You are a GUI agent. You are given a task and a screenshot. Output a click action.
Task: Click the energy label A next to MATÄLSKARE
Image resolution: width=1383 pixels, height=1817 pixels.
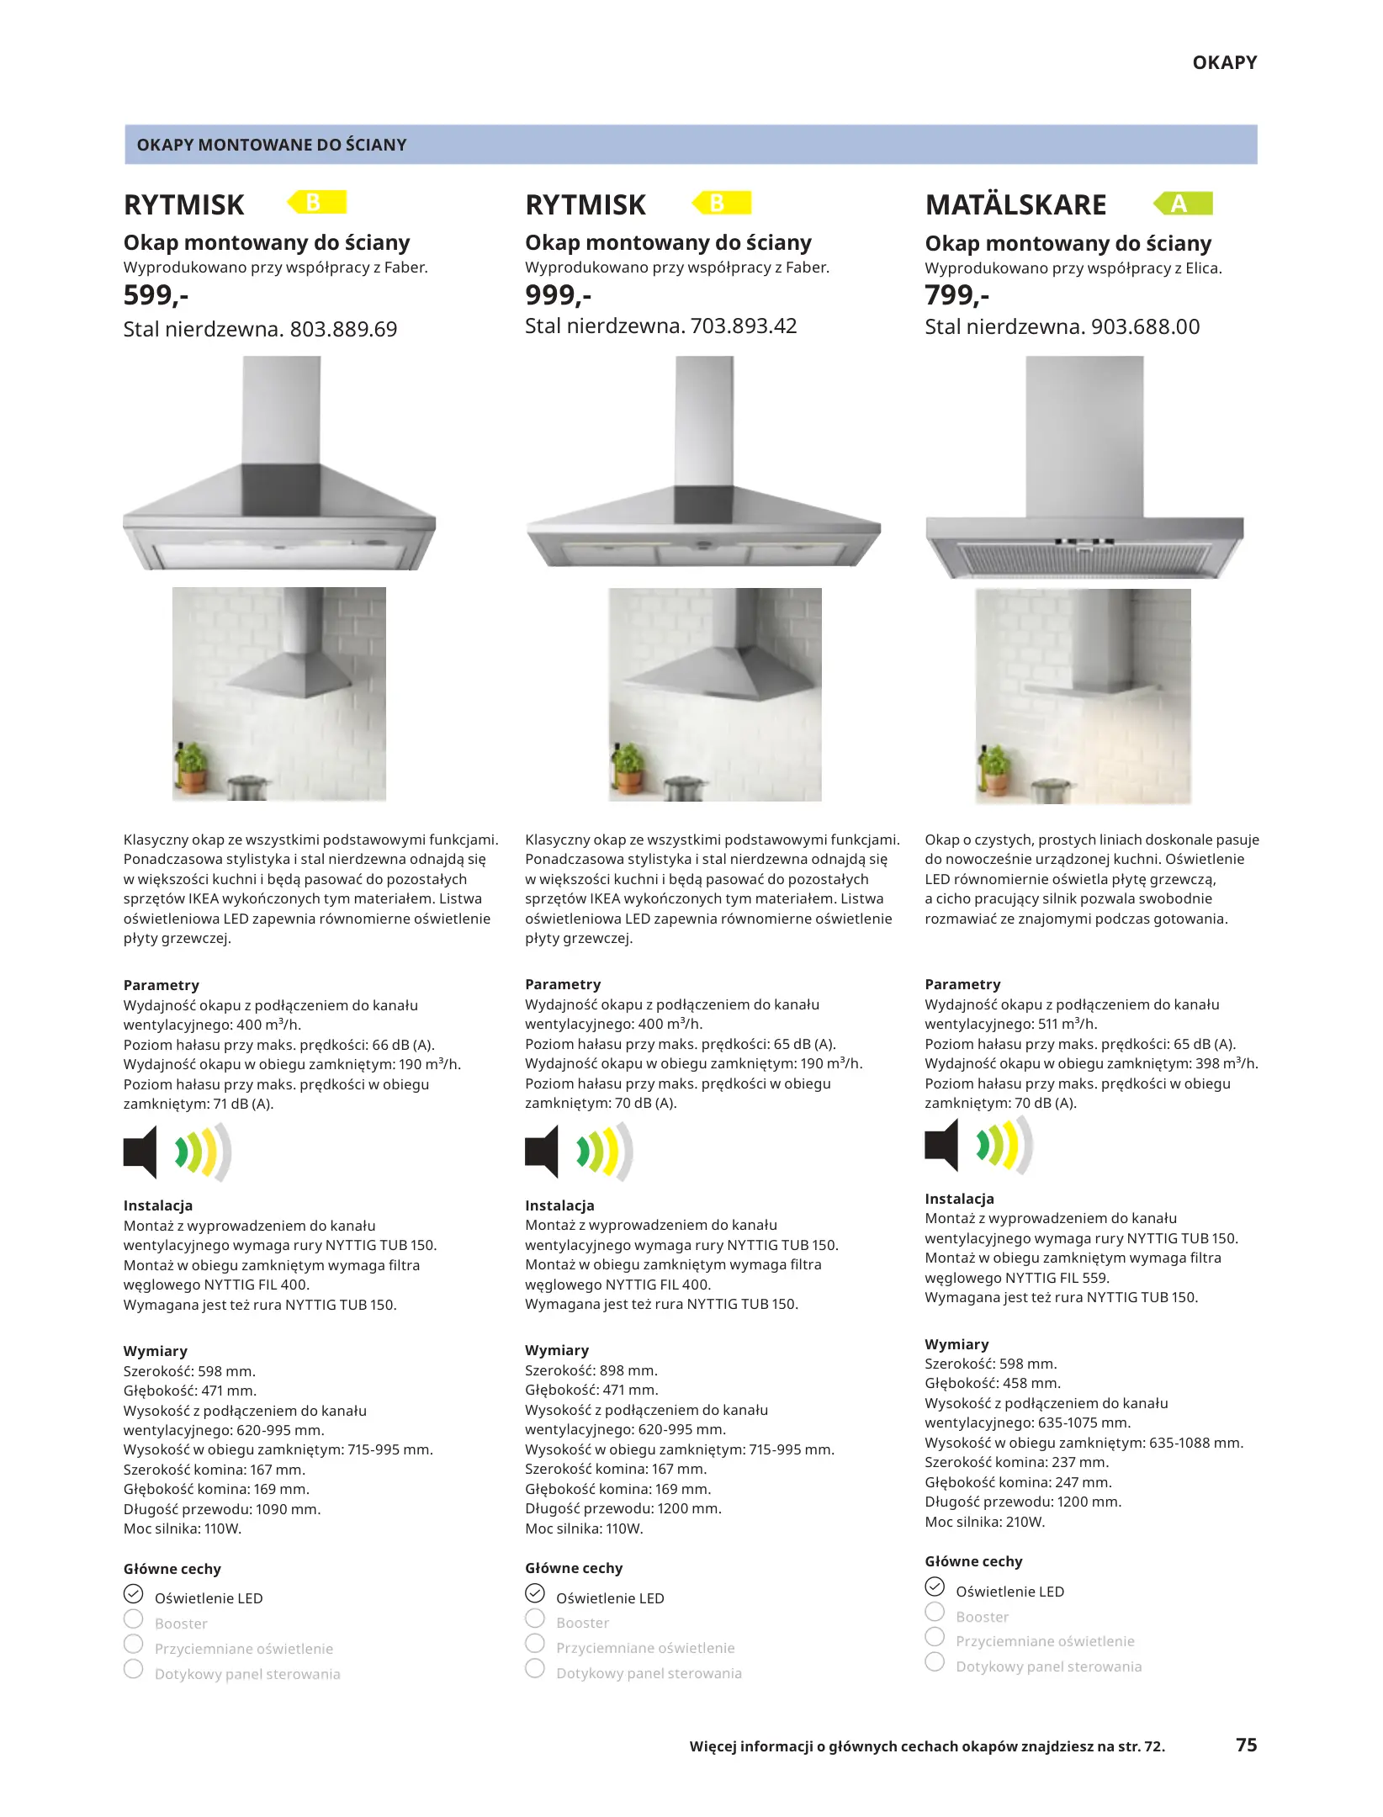[x=1182, y=204]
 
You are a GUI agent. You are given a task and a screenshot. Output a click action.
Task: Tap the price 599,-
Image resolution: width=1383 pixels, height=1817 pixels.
[x=156, y=295]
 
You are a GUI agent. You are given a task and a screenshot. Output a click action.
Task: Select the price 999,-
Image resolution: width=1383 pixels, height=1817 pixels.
[x=558, y=295]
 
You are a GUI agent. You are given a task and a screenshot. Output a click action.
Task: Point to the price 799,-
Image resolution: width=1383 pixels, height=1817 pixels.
[x=956, y=295]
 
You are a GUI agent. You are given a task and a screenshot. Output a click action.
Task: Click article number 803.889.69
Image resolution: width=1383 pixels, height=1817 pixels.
[x=343, y=329]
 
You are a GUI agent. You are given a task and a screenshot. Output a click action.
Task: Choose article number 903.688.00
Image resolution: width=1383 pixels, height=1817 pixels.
[x=1145, y=326]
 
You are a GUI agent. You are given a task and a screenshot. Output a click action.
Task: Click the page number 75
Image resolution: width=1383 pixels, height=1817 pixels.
[x=1246, y=1745]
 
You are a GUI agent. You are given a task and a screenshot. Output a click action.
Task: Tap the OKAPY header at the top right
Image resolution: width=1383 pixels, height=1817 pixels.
[x=1224, y=62]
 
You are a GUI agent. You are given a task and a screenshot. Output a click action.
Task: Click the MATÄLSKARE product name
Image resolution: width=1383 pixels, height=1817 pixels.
[x=1015, y=204]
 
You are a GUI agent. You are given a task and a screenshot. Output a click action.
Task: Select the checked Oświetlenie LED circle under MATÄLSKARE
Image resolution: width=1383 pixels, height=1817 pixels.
[x=935, y=1587]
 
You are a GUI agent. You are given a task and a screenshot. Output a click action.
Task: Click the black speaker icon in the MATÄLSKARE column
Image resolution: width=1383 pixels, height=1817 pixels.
[x=942, y=1145]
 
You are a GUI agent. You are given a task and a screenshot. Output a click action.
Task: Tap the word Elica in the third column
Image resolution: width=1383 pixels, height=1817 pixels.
[x=1201, y=268]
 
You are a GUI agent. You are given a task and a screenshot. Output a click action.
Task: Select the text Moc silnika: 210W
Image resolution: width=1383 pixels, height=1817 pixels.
[x=984, y=1522]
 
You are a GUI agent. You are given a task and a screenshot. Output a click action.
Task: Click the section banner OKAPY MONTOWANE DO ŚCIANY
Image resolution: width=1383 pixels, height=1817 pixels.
[x=271, y=145]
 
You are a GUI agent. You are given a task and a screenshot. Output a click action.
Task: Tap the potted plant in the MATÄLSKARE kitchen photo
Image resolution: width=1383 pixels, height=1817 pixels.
[x=996, y=770]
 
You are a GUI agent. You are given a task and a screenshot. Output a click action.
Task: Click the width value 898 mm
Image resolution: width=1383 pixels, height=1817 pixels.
[x=628, y=1370]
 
